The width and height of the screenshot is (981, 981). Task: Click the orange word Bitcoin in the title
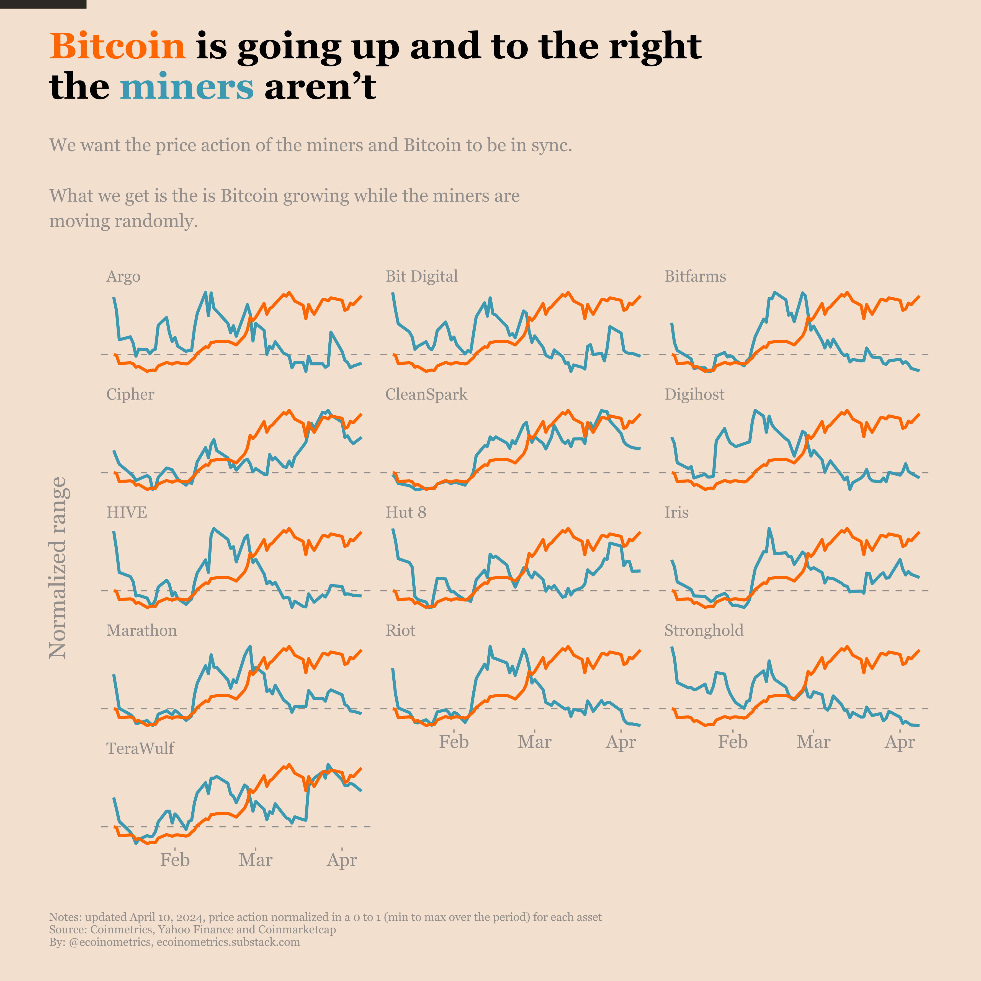coord(118,46)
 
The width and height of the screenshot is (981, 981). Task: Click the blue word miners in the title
coord(187,87)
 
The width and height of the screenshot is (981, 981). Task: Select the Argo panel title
coord(123,277)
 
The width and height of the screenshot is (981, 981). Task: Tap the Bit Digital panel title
coord(421,276)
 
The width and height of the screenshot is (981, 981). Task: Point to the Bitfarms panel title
coord(695,276)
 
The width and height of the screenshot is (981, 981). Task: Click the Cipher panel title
coord(130,395)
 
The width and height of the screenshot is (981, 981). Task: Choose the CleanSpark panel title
coord(426,395)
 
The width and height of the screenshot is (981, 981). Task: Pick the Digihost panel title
coord(694,395)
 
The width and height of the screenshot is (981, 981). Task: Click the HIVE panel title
coord(127,512)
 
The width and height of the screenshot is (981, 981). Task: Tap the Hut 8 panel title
coord(406,512)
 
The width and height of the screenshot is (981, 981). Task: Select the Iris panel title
coord(676,512)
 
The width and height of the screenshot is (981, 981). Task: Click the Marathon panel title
coord(142,630)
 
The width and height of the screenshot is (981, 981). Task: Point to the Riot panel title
coord(400,630)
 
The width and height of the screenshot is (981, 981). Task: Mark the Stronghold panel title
coord(704,630)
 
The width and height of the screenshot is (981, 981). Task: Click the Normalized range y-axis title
coord(57,568)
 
